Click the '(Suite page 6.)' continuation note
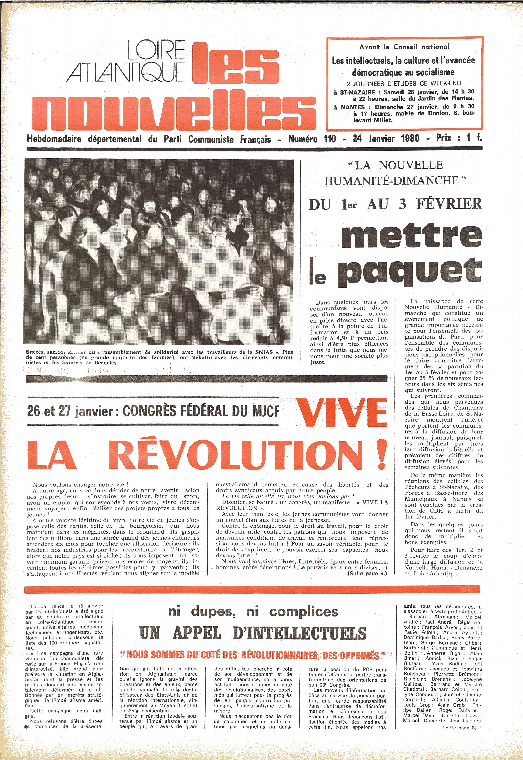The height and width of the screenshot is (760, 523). click(x=367, y=574)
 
